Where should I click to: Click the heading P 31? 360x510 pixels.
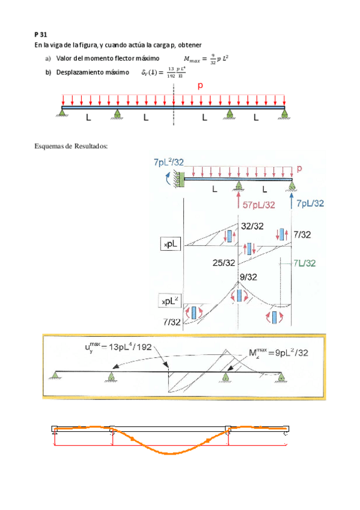[40, 35]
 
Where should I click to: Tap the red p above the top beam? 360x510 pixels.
[200, 86]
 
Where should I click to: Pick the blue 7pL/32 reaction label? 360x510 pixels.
[310, 204]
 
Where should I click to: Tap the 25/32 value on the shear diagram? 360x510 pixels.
[224, 263]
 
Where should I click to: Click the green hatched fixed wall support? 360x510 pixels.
[179, 179]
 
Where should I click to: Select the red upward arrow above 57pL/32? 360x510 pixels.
[239, 198]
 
